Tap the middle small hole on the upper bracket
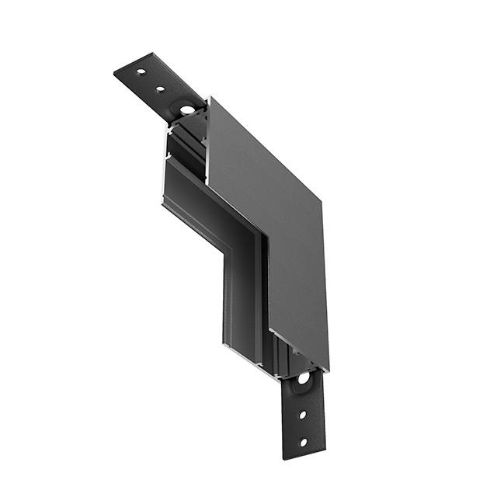pos(161,89)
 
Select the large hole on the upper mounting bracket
pos(188,109)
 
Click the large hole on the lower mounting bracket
pos(302,379)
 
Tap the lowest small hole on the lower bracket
pos(303,443)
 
